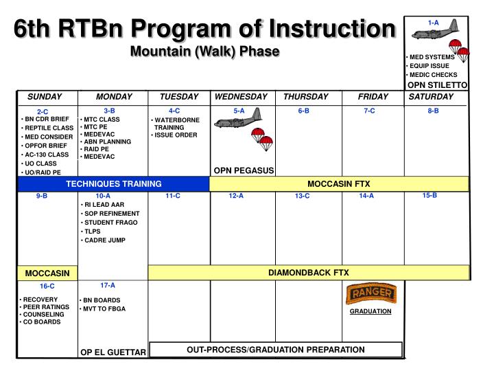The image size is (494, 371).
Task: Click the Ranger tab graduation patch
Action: pos(370,295)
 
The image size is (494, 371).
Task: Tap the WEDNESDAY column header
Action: pos(241,97)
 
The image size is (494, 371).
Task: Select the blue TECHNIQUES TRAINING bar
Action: pos(114,184)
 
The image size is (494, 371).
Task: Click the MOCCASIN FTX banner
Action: pos(338,183)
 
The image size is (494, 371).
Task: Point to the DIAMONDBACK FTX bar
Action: pos(309,273)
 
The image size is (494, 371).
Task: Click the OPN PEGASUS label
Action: pos(244,170)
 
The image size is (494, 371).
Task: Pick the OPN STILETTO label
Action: pos(437,85)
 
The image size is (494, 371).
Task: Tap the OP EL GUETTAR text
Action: pos(113,352)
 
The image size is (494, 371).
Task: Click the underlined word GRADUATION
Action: pos(370,311)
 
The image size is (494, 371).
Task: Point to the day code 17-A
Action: pos(108,284)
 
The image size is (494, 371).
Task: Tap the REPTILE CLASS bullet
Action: pos(47,128)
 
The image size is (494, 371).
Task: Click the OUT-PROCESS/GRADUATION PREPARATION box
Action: pos(276,350)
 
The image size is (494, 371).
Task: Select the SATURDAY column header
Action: pos(431,97)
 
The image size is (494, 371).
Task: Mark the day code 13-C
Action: pos(303,196)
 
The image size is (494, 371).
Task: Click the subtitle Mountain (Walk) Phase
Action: pos(205,52)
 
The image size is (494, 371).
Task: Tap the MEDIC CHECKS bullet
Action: pos(433,74)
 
